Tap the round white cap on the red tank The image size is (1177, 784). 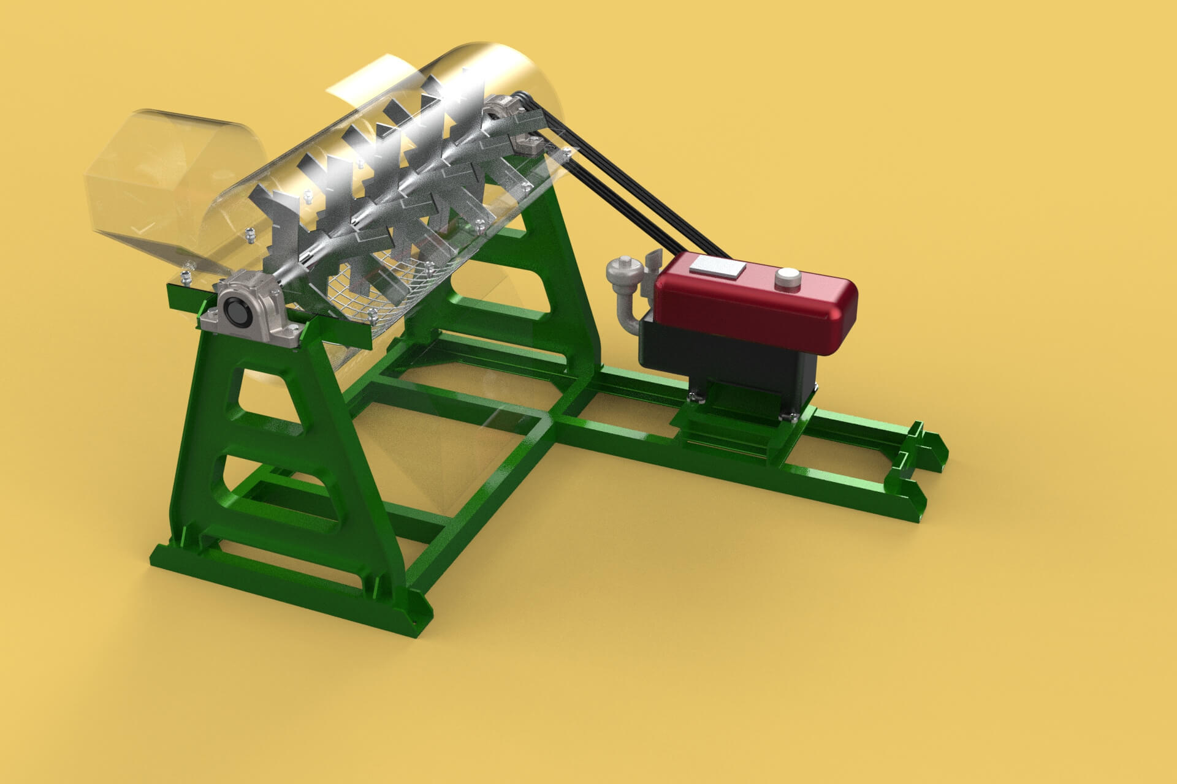788,279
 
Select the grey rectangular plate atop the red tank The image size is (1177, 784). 717,267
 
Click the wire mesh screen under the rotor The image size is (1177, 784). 368,288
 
